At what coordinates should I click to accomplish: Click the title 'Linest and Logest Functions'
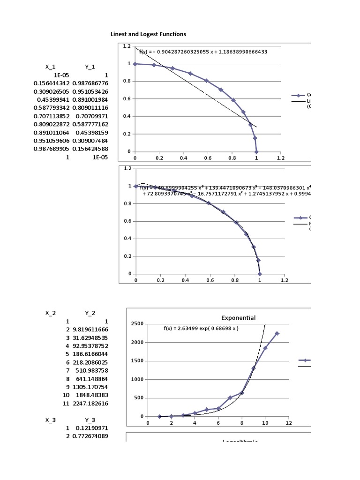click(148, 34)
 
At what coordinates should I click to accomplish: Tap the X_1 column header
click(50, 67)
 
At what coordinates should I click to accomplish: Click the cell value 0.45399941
click(53, 99)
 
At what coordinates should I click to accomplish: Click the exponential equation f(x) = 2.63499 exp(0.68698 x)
click(201, 329)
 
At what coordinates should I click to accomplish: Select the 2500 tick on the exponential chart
click(137, 324)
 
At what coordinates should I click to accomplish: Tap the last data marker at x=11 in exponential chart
click(277, 333)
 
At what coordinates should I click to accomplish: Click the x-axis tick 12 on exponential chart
click(288, 423)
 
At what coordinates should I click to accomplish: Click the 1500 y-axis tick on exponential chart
click(137, 361)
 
